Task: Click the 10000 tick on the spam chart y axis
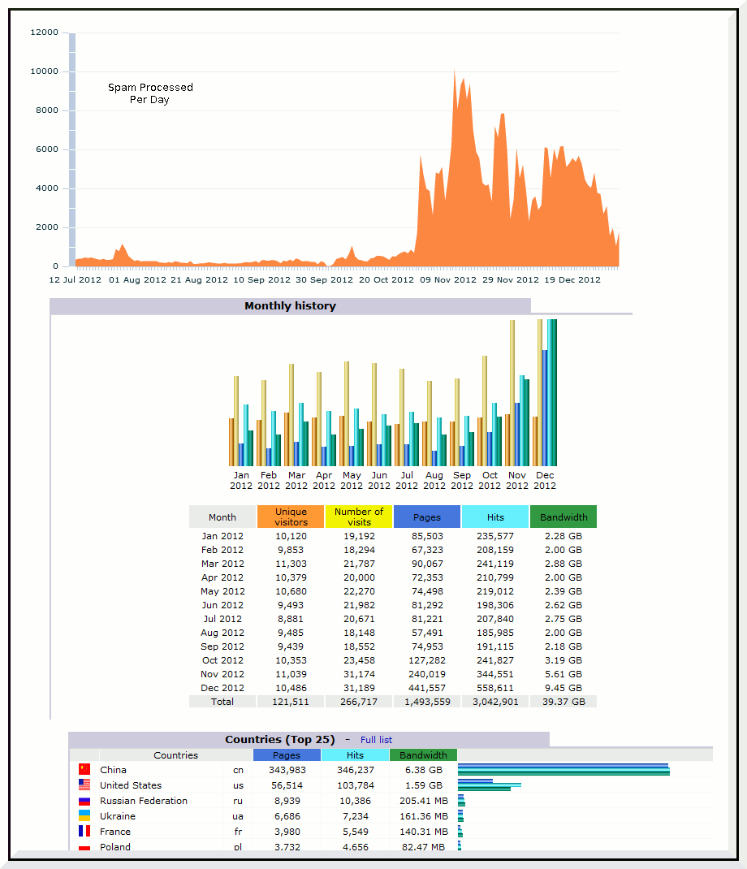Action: tap(45, 71)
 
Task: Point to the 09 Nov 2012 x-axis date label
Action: tap(447, 280)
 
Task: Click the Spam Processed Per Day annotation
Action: tap(150, 93)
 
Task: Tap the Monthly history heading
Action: tap(291, 306)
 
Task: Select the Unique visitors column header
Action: tap(291, 517)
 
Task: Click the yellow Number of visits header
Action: tap(359, 517)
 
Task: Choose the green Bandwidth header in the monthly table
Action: tap(563, 517)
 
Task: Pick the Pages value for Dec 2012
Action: tap(427, 688)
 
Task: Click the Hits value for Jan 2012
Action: tap(495, 536)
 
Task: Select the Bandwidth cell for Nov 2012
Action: tap(563, 674)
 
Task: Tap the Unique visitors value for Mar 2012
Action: tap(291, 564)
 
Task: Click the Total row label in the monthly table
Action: tap(222, 702)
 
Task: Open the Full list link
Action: tap(376, 740)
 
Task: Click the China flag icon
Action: tap(84, 769)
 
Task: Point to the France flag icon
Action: tap(84, 832)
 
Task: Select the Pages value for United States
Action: tap(287, 785)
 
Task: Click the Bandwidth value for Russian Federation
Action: tap(424, 801)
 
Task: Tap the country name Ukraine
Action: tap(118, 816)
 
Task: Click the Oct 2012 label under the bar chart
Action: tap(490, 481)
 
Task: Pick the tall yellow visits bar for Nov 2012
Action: tap(512, 393)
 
